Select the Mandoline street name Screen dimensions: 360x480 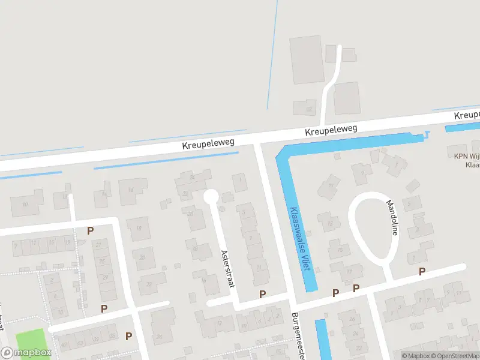392,218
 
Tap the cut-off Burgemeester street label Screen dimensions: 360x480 298,335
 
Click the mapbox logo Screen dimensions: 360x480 26,353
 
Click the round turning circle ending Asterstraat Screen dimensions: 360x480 211,196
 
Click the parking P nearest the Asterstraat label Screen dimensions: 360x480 262,293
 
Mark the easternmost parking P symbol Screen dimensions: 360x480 422,272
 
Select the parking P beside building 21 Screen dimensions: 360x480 91,231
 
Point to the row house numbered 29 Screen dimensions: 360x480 106,277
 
